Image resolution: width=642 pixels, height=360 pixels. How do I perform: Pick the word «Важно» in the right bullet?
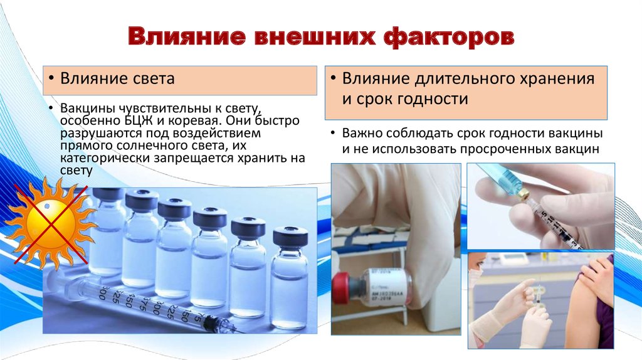[x=362, y=134]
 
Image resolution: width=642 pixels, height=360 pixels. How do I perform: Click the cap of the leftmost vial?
[x=108, y=194]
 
